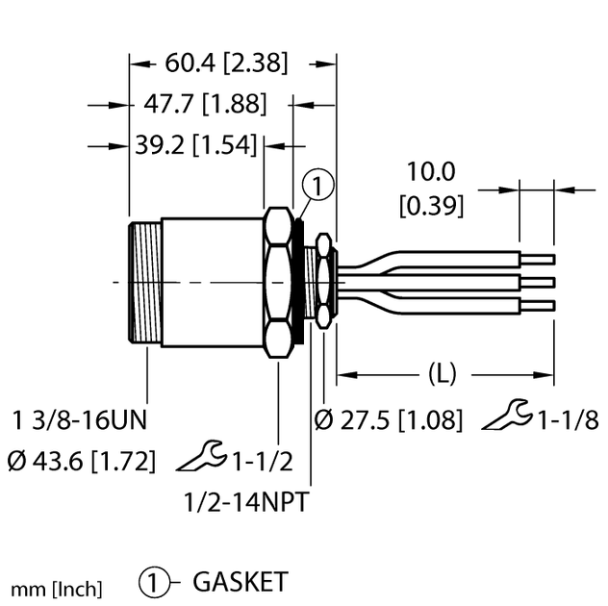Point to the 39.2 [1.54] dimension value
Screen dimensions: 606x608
[x=195, y=145]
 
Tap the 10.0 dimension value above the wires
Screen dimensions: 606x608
[x=430, y=173]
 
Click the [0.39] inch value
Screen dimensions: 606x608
[x=431, y=205]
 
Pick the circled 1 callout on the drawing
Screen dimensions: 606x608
[x=318, y=186]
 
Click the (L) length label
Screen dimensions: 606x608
[x=442, y=372]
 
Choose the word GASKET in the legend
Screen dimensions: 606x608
[x=241, y=582]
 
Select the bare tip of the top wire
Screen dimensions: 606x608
[x=542, y=258]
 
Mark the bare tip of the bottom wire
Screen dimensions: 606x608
[x=542, y=306]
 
